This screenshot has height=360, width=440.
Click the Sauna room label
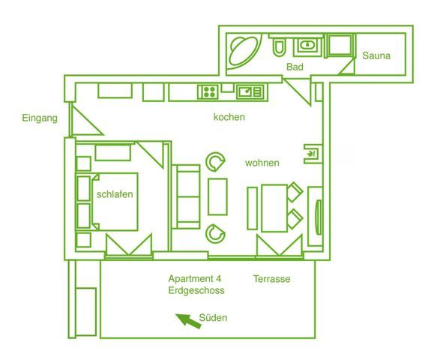tap(376, 55)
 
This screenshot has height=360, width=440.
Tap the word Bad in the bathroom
tap(295, 67)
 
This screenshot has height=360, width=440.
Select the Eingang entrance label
tap(40, 118)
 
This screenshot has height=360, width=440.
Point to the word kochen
tap(229, 117)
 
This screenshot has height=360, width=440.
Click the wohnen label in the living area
tap(262, 163)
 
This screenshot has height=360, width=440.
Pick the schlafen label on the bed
tap(115, 194)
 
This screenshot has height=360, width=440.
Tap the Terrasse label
tap(271, 279)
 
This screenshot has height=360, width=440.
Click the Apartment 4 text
tap(195, 278)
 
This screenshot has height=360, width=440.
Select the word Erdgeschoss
tap(196, 290)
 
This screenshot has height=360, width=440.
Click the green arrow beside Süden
tap(188, 321)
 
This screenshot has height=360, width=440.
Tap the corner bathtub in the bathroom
tap(244, 51)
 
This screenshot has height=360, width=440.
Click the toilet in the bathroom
tap(279, 47)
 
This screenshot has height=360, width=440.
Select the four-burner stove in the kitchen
tap(209, 92)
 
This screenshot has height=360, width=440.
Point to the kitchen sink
tap(250, 92)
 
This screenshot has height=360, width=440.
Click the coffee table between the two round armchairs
tap(217, 196)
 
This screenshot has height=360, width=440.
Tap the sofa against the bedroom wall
tap(186, 196)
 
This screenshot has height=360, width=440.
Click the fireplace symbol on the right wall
tap(313, 154)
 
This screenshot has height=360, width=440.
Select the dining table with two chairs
tap(275, 208)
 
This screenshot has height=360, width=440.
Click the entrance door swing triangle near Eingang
tap(84, 120)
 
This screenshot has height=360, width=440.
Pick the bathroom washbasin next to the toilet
tap(308, 45)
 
